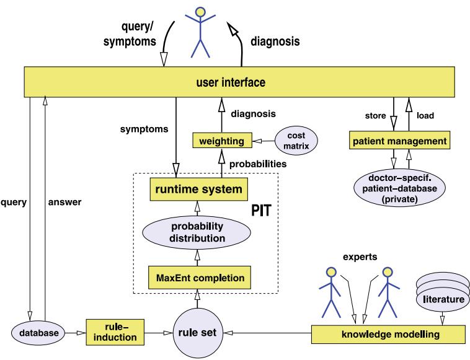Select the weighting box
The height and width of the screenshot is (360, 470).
click(x=219, y=142)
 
